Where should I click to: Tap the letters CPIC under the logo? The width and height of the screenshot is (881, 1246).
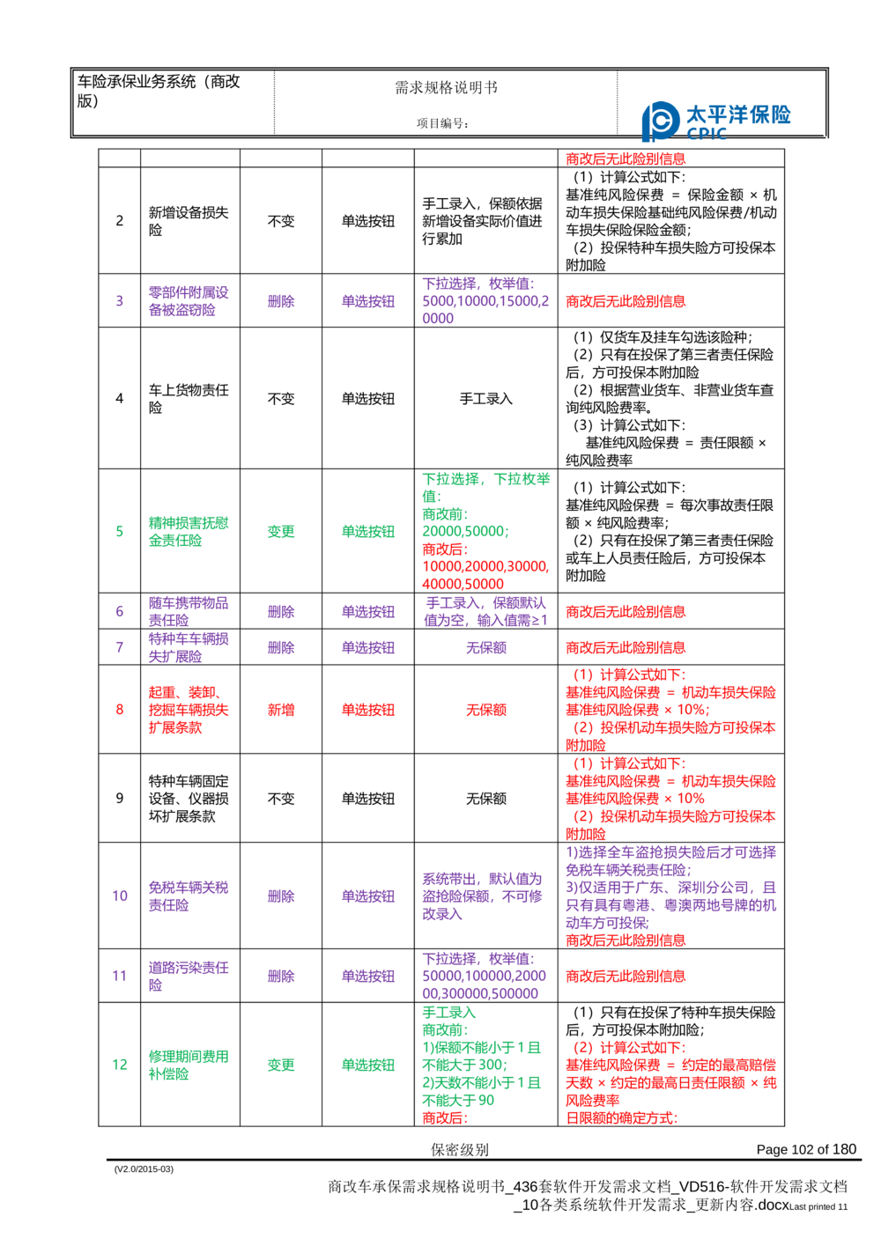pos(707,135)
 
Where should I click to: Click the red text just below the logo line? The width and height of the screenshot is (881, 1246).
pos(625,159)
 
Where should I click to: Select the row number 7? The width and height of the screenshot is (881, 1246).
pos(120,648)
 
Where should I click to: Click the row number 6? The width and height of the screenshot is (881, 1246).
pos(120,611)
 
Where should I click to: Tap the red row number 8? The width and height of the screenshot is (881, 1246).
pos(120,709)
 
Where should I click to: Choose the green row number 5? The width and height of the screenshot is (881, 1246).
pos(120,532)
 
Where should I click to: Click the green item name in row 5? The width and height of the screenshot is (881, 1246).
pos(189,532)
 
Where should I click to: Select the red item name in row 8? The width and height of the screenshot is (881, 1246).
pos(189,710)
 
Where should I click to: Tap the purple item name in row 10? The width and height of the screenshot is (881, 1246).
pos(189,896)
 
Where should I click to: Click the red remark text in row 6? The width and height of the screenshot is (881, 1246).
pos(626,612)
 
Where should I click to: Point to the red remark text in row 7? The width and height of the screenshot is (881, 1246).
pos(626,648)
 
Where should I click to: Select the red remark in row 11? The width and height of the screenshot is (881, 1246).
pos(626,976)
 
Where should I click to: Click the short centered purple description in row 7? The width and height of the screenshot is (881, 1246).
pos(486,648)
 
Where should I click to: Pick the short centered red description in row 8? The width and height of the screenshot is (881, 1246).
pos(486,709)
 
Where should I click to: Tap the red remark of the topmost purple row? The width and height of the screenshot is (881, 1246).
pos(626,301)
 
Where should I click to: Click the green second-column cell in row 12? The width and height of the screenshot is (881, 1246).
pos(280,1065)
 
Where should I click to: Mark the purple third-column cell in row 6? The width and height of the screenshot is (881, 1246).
pos(368,611)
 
